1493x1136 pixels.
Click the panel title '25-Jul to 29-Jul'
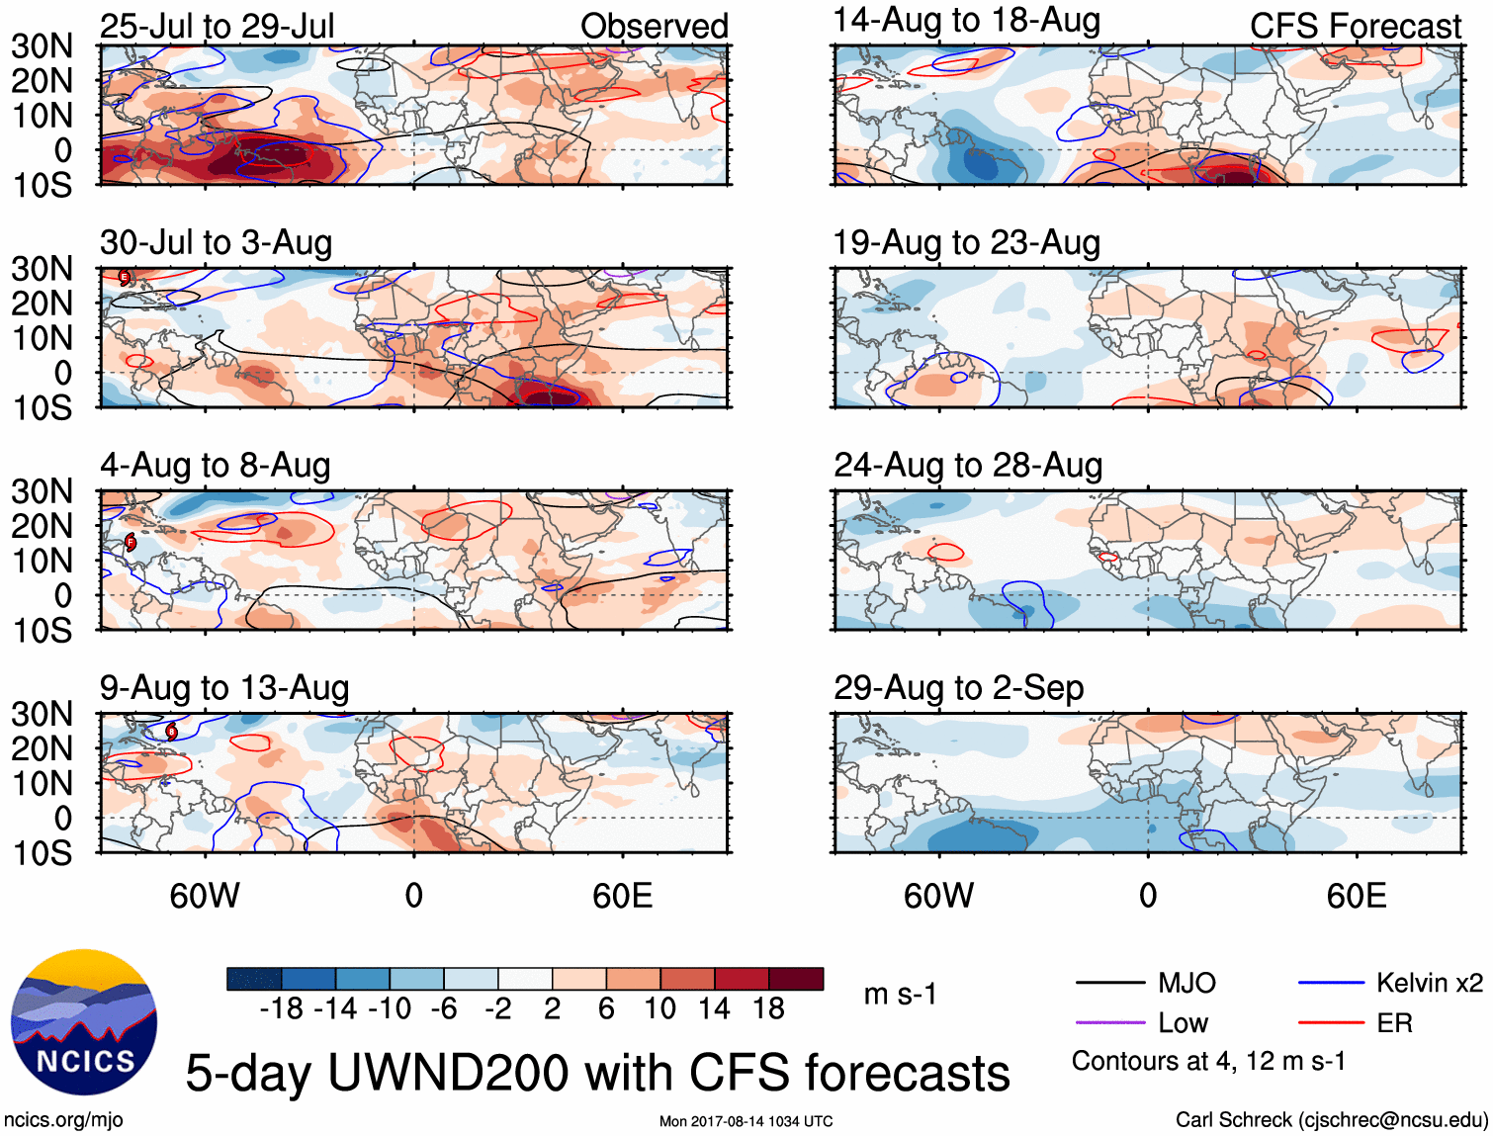tap(217, 26)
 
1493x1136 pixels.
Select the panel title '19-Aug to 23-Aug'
tap(966, 242)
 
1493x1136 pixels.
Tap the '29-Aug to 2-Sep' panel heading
tap(958, 687)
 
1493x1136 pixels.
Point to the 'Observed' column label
tap(654, 26)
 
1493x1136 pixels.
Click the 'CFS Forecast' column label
tap(1355, 26)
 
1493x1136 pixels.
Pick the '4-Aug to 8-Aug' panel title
tap(215, 465)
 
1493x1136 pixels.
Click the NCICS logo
tap(84, 1022)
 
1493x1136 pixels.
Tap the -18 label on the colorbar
tap(281, 1008)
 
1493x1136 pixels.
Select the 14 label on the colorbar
tap(714, 1008)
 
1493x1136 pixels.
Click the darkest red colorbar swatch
tap(796, 979)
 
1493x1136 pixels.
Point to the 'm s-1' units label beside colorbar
tap(900, 994)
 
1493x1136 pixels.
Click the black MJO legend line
tap(1110, 983)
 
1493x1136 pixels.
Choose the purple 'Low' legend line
tap(1110, 1022)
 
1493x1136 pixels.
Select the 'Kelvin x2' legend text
tap(1429, 983)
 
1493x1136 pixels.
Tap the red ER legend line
tap(1331, 1022)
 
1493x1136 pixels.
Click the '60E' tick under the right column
tap(1356, 896)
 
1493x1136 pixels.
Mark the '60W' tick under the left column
tap(205, 896)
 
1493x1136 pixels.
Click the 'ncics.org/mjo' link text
tap(63, 1120)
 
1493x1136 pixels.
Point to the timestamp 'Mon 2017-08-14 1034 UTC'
tap(746, 1121)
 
